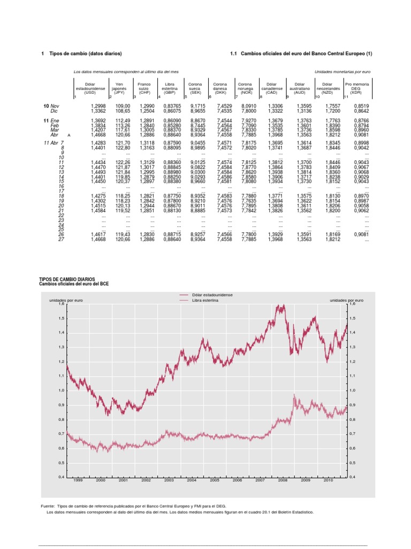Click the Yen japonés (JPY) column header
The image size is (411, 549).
(x=119, y=88)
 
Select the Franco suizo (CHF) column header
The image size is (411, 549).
(x=144, y=88)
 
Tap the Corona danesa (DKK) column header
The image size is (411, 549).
(x=220, y=88)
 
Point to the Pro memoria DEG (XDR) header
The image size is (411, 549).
(x=356, y=88)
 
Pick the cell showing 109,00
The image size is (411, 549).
(x=123, y=106)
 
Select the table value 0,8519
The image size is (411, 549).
(x=362, y=106)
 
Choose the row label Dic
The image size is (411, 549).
(x=54, y=110)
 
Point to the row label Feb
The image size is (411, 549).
(x=55, y=125)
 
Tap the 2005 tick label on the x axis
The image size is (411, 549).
(x=215, y=481)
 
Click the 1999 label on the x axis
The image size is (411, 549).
(x=78, y=481)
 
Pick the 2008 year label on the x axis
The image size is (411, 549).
(x=283, y=481)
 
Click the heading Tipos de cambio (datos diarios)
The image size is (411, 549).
(x=86, y=54)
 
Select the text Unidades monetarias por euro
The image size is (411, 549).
(x=342, y=71)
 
